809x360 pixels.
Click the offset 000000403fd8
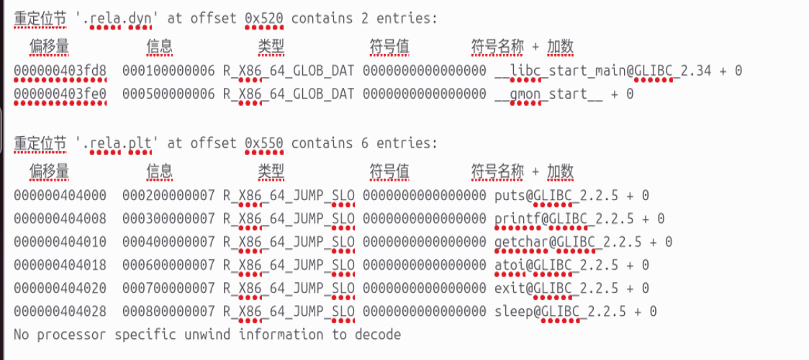pyautogui.click(x=60, y=71)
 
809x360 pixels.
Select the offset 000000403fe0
pyautogui.click(x=60, y=94)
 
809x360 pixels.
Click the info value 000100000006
pyautogui.click(x=168, y=71)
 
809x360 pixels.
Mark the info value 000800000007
pyautogui.click(x=168, y=312)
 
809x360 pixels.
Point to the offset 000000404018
pyautogui.click(x=60, y=265)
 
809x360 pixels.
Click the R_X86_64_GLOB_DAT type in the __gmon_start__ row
pyautogui.click(x=288, y=94)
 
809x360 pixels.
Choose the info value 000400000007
pyautogui.click(x=168, y=242)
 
